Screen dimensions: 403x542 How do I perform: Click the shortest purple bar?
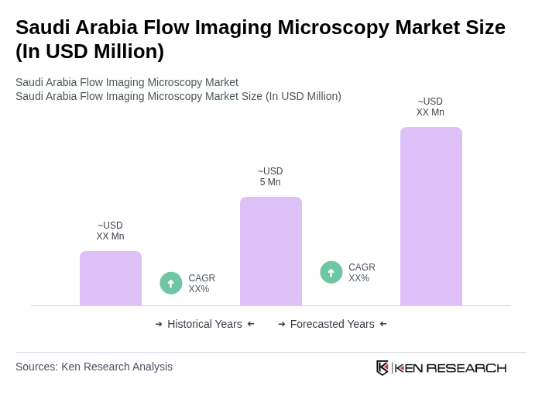[x=111, y=278]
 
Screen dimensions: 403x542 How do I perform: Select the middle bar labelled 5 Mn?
[x=270, y=251]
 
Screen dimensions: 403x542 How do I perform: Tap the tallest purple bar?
[x=431, y=216]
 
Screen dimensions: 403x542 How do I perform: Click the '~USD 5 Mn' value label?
[x=270, y=177]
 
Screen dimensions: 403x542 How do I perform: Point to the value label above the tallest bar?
[x=431, y=107]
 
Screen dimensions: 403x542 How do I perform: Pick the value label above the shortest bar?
[x=110, y=231]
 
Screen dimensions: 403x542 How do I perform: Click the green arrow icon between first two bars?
[x=171, y=283]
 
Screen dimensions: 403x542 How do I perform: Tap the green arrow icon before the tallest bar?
[x=331, y=272]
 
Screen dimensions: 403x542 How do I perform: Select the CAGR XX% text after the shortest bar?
[x=201, y=284]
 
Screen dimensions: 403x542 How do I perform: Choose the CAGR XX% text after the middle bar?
[x=362, y=273]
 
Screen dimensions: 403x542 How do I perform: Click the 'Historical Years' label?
[x=204, y=324]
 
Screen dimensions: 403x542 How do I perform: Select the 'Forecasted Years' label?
[x=332, y=324]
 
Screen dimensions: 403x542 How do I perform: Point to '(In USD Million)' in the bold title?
[x=90, y=51]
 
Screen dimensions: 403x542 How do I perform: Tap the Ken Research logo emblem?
[x=382, y=367]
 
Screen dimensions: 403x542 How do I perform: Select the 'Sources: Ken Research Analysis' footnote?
[x=94, y=367]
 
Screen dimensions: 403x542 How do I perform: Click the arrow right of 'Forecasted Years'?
[x=383, y=324]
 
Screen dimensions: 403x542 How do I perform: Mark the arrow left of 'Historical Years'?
[x=159, y=324]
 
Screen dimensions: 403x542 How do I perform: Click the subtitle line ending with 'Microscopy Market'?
[x=127, y=82]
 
